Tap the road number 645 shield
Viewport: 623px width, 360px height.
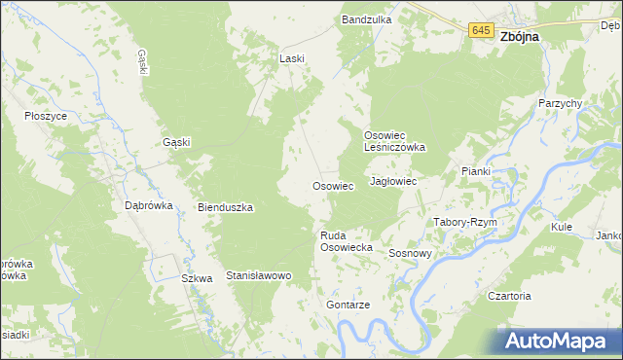coord(480,31)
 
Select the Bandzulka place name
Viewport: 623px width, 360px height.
coord(366,19)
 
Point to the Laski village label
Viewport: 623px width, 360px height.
coord(292,58)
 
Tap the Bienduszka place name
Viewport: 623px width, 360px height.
coord(226,207)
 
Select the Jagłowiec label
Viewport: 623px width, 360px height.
coord(394,182)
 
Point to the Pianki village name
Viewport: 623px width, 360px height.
coord(476,171)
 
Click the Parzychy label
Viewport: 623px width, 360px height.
coord(560,103)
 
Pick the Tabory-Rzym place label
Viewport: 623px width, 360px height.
coord(465,222)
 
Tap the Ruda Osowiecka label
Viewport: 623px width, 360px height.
coord(348,241)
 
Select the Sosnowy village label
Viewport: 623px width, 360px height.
coord(410,253)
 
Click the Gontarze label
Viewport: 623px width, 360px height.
coord(348,305)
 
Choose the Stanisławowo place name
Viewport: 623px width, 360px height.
coord(259,276)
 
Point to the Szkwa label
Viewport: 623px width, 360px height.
coord(198,278)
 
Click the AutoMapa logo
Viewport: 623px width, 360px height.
coord(558,342)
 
